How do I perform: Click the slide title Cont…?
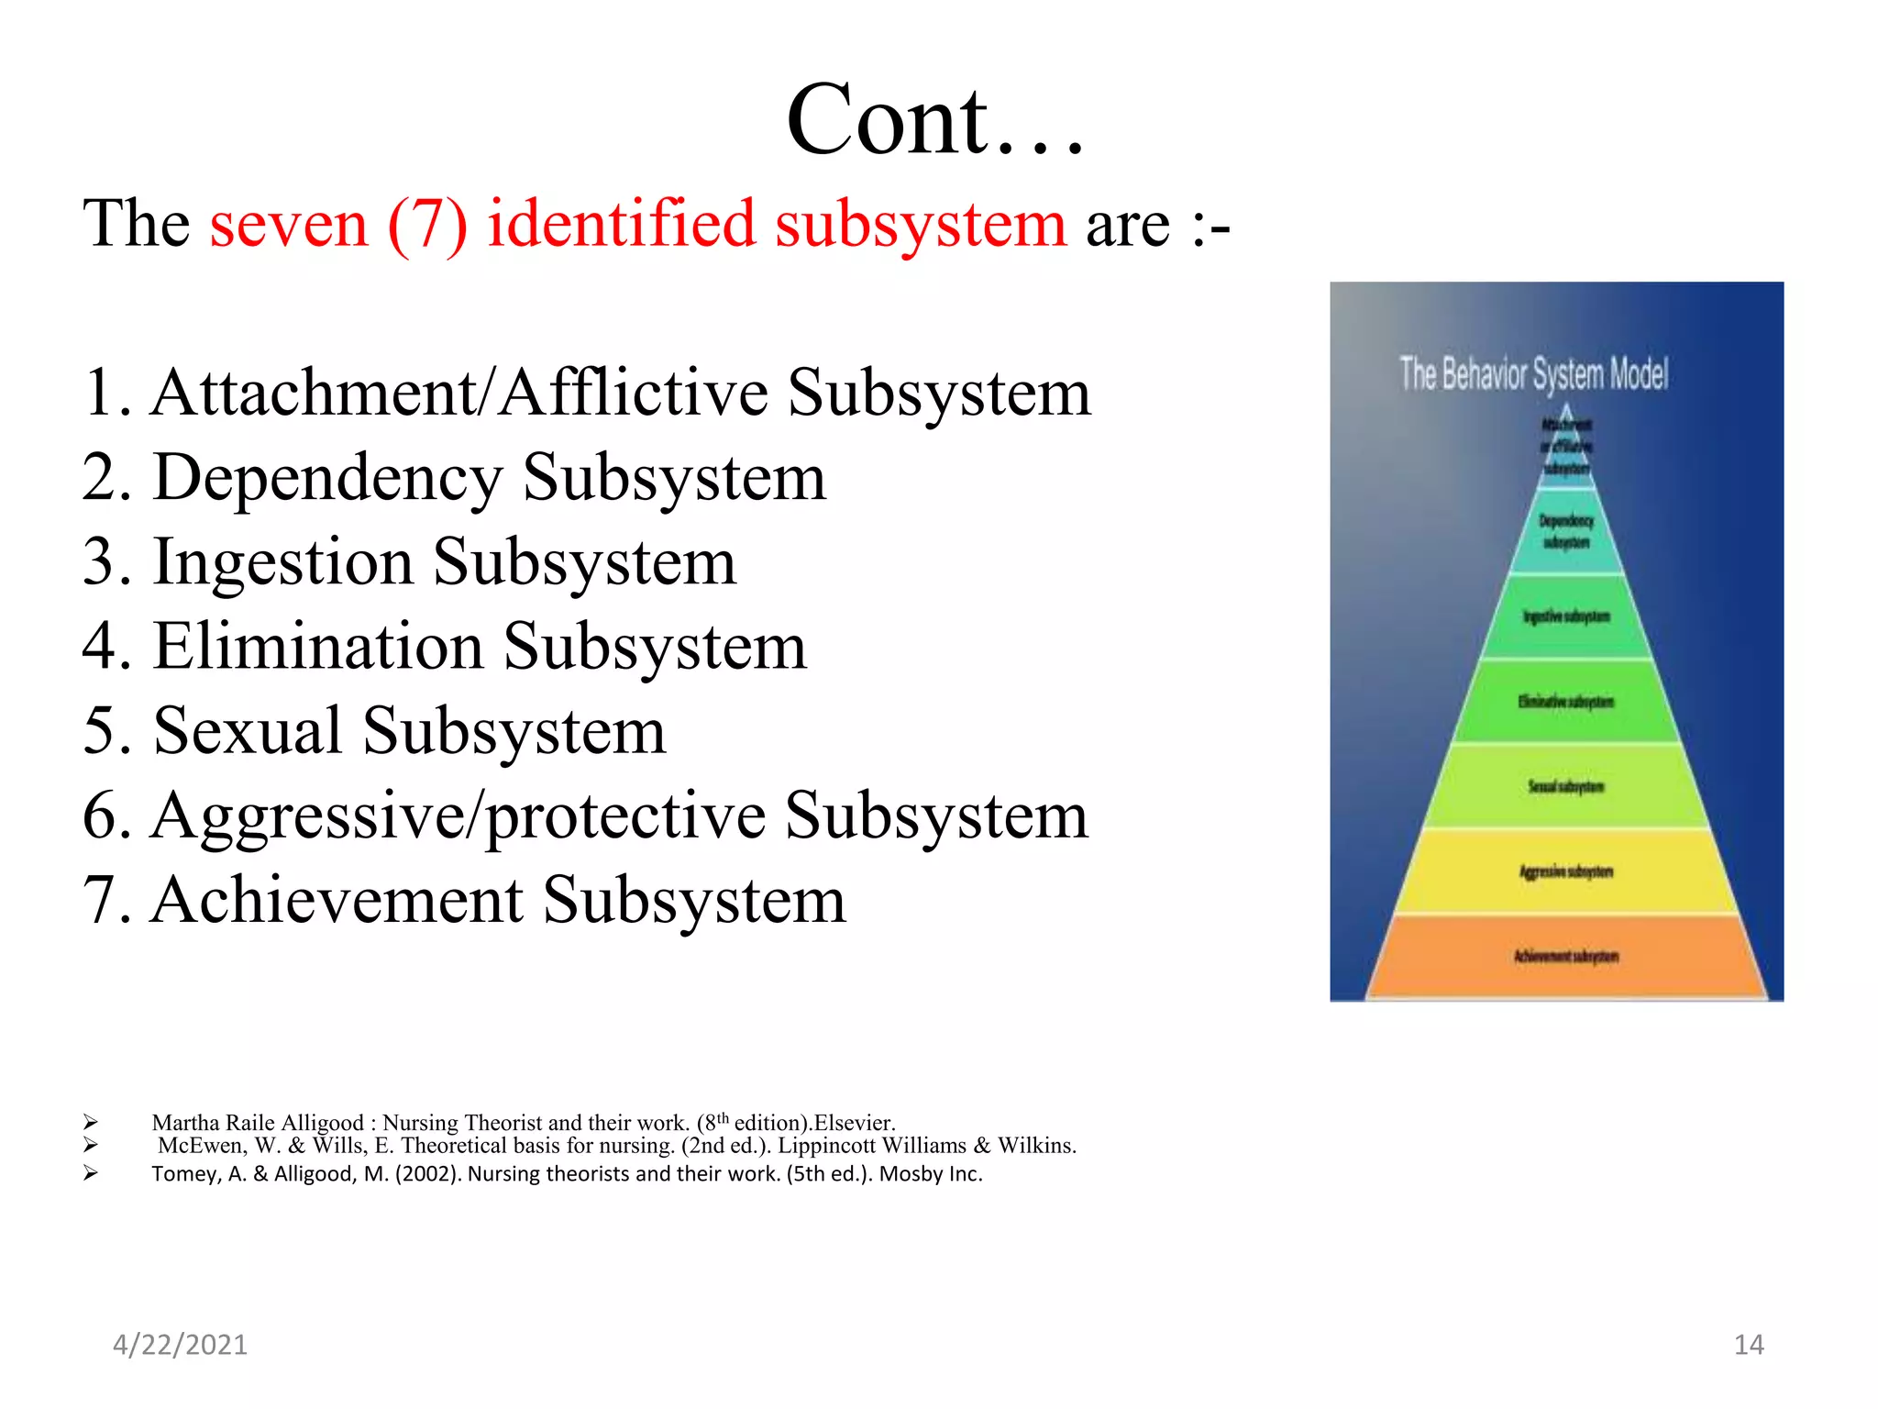coord(935,121)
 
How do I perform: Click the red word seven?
coord(288,224)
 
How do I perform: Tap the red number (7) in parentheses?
coord(427,224)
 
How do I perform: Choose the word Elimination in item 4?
coord(318,646)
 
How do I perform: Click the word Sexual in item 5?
coord(248,731)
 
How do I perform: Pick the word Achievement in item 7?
coord(337,900)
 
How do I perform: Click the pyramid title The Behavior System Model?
coord(1533,374)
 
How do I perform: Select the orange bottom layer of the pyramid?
coord(1565,957)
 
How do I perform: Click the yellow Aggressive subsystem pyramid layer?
coord(1565,871)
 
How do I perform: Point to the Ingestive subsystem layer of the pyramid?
coord(1565,616)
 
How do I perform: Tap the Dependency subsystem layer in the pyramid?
coord(1565,532)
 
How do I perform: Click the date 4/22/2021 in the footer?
coord(180,1345)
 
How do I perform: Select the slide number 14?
coord(1749,1345)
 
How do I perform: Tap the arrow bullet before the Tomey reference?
coord(90,1173)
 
